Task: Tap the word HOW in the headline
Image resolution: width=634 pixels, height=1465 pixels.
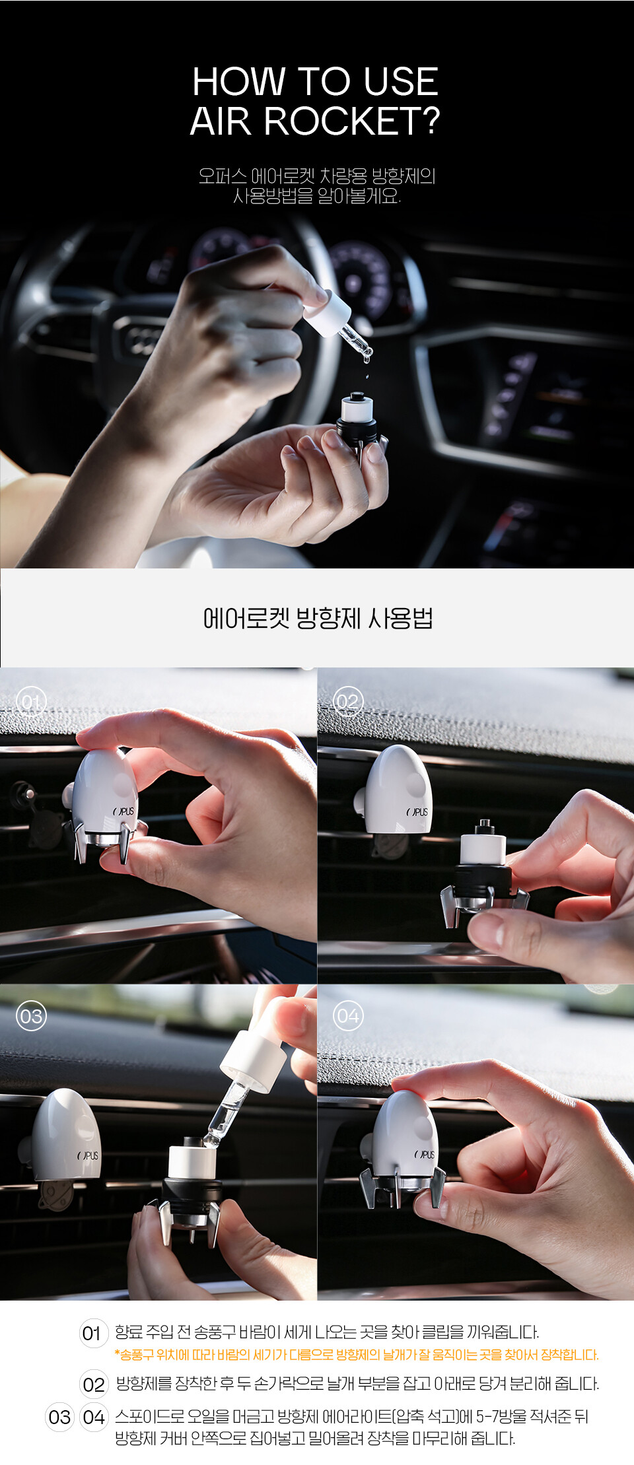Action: click(x=238, y=82)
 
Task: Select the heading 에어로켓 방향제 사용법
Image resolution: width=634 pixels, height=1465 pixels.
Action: click(x=318, y=619)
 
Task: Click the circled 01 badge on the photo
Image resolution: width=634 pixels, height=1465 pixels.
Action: click(x=31, y=702)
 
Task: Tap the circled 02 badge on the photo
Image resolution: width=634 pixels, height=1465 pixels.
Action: click(x=347, y=702)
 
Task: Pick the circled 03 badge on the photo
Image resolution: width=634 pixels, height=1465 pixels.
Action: click(x=31, y=1016)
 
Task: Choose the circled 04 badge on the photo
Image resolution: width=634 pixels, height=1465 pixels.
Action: click(x=347, y=1016)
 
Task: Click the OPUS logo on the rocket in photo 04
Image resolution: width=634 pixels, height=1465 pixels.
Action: click(x=425, y=1155)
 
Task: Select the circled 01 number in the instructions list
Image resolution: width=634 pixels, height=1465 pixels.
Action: click(x=93, y=1333)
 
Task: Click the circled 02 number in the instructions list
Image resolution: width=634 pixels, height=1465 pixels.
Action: click(x=93, y=1384)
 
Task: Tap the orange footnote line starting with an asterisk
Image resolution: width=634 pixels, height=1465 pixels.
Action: click(x=357, y=1355)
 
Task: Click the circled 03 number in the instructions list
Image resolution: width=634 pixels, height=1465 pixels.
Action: click(x=59, y=1417)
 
